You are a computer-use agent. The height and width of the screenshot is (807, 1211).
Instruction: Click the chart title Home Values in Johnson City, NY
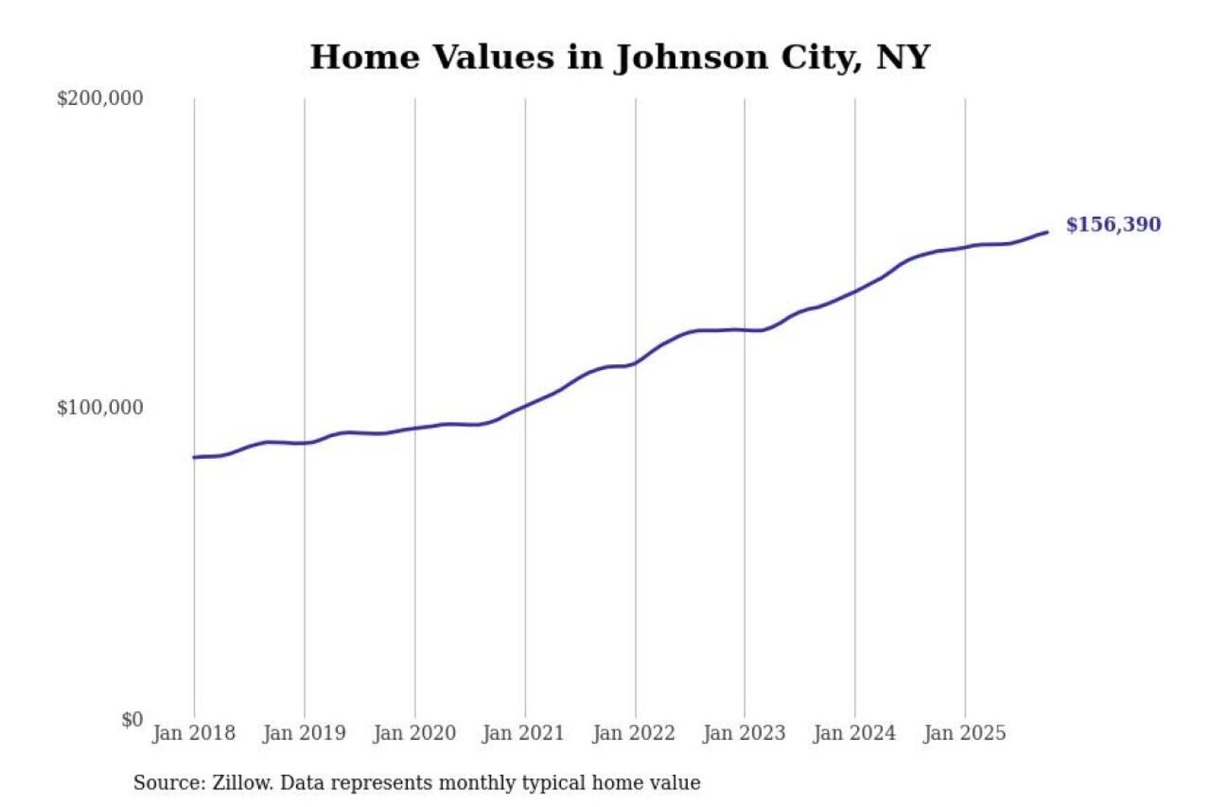coord(620,57)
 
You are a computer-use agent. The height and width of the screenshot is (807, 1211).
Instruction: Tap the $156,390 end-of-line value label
coord(1113,224)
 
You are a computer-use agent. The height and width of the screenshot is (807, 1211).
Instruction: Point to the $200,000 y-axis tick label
coord(100,98)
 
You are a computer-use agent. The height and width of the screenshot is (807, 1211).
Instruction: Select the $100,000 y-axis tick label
coord(100,408)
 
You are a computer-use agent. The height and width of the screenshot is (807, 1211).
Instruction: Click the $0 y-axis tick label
coord(132,720)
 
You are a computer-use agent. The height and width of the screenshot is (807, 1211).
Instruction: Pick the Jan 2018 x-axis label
coord(193,733)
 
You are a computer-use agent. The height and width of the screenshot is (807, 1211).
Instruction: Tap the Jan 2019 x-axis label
coord(304,733)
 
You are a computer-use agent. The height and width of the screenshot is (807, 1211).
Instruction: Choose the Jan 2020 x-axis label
coord(414,733)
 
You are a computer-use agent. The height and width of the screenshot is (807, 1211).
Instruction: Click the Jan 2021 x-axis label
coord(523,733)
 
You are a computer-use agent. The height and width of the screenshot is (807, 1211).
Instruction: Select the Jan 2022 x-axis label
coord(633,733)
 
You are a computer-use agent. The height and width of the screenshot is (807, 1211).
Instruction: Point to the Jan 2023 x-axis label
coord(743,733)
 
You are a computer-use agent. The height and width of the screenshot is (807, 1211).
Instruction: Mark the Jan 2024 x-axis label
coord(854,733)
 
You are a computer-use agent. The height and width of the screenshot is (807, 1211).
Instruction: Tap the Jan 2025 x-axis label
coord(964,733)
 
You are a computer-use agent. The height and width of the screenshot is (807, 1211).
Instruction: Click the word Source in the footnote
coord(168,783)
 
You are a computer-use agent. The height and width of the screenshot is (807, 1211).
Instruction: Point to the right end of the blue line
coord(1047,232)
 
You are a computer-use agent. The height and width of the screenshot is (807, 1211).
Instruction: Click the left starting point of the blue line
coord(194,457)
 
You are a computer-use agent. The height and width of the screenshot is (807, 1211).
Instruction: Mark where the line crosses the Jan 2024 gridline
coord(855,291)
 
